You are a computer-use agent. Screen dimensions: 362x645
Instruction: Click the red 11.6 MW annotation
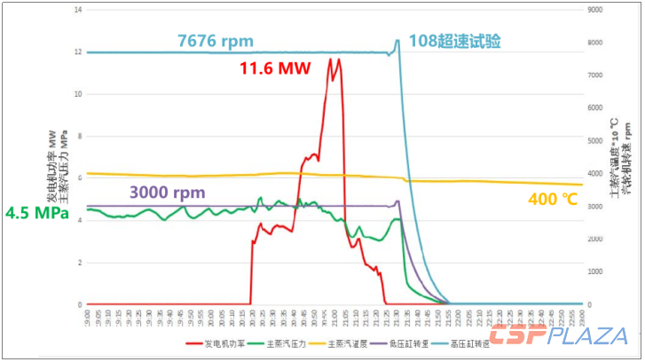tap(275, 68)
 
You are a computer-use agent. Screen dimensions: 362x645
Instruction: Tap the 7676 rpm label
tap(215, 41)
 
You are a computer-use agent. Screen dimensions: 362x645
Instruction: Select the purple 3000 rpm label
tap(168, 192)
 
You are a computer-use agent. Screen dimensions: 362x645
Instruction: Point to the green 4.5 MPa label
tap(36, 214)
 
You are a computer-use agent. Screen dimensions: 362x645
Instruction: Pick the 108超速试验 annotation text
tap(454, 41)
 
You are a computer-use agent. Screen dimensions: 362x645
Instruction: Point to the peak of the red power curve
tap(330, 59)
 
